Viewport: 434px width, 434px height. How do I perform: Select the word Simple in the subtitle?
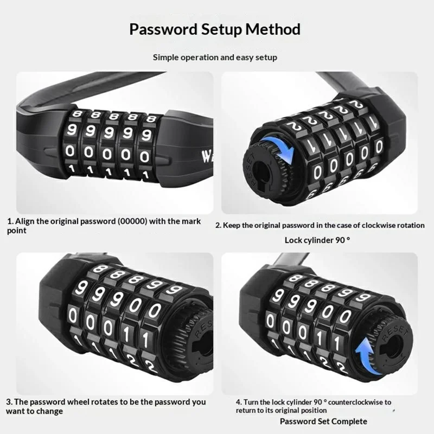pyautogui.click(x=166, y=57)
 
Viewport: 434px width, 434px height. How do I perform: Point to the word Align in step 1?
pyautogui.click(x=25, y=221)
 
